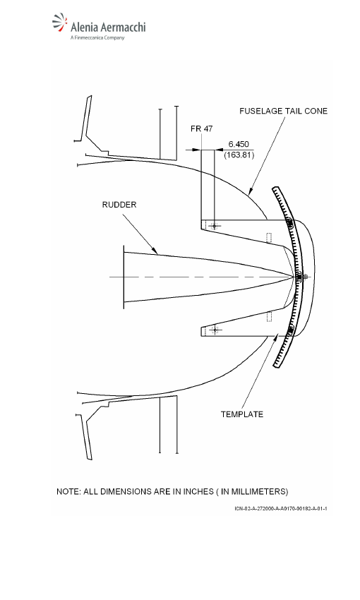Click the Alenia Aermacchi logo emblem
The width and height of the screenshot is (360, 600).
tap(60, 22)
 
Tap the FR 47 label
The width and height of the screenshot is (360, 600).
tap(202, 128)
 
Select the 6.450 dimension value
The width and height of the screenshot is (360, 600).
tap(239, 144)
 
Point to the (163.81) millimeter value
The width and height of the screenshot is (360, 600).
tap(239, 155)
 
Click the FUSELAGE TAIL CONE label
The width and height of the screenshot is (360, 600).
tap(284, 111)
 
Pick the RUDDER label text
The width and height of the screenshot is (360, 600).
tap(119, 205)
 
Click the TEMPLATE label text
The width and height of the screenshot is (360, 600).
tap(242, 414)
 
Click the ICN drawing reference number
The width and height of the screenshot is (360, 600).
tap(281, 508)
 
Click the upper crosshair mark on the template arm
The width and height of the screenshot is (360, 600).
tap(215, 226)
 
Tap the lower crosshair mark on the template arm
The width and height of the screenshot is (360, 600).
tap(215, 330)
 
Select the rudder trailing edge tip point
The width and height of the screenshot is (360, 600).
tap(294, 277)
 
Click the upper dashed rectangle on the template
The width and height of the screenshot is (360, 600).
tap(269, 238)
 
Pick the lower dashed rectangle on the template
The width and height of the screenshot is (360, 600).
tap(269, 316)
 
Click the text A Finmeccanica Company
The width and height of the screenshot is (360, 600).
tap(97, 37)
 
